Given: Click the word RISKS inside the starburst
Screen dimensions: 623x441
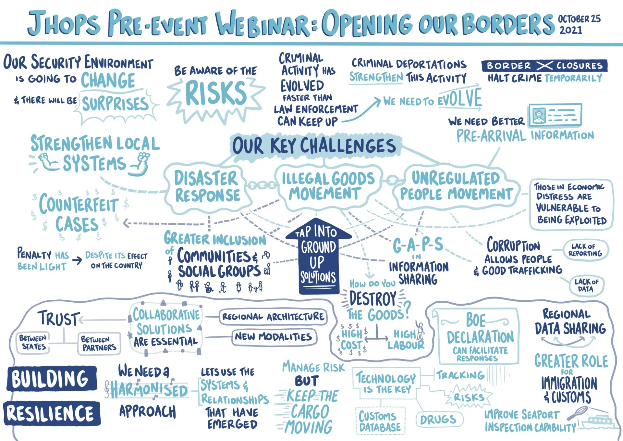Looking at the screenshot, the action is (216, 93).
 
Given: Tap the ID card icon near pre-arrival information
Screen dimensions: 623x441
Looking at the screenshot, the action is (555, 115).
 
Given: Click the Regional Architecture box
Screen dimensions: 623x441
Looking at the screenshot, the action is (273, 317).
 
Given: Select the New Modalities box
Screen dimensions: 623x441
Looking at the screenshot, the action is (274, 337).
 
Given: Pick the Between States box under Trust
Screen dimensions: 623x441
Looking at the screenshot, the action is (33, 343).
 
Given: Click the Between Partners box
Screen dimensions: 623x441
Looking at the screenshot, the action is (99, 344).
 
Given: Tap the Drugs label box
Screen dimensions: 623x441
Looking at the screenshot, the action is (439, 420).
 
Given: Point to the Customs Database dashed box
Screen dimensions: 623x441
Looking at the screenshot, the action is (380, 421).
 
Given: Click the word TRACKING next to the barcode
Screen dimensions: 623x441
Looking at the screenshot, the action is (460, 375).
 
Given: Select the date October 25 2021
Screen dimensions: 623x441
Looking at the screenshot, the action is (579, 24).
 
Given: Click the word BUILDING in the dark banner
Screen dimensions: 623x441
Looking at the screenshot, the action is (51, 379).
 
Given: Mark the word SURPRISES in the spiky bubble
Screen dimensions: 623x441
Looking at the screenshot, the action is (115, 104).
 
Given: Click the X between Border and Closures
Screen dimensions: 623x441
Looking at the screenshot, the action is (544, 66).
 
